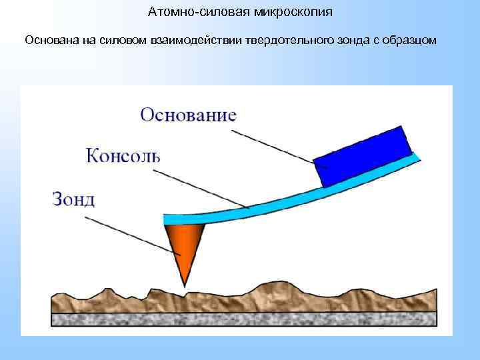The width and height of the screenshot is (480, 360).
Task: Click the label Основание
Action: coord(188,114)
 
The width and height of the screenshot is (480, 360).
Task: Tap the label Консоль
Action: coord(123,156)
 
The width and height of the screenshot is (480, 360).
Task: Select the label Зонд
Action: coord(73,199)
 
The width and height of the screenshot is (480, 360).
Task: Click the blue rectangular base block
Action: coord(363,157)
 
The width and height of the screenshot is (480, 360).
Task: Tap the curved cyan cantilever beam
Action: coord(267,203)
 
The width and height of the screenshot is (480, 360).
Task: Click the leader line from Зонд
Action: coord(137,230)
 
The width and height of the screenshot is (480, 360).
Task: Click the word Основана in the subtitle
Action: coord(51,41)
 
